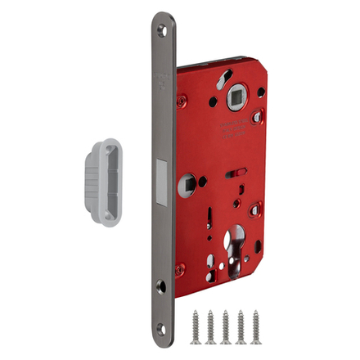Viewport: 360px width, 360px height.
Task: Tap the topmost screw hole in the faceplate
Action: coord(161,30)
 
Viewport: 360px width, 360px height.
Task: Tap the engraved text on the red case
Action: coord(234,129)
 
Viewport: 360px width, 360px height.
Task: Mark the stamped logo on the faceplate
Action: coord(161,79)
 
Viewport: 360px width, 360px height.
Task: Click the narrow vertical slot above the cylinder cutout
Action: coord(210,220)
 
